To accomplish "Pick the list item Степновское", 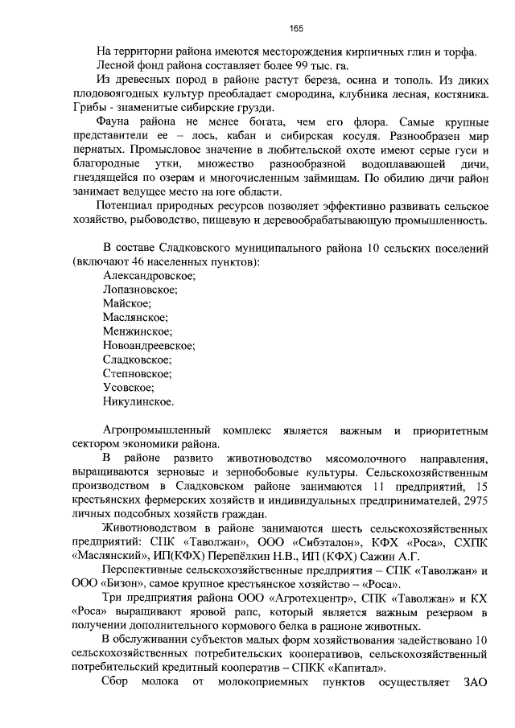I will [138, 373].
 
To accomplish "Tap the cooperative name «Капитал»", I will [356, 668].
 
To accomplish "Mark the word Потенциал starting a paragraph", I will [126, 205].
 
